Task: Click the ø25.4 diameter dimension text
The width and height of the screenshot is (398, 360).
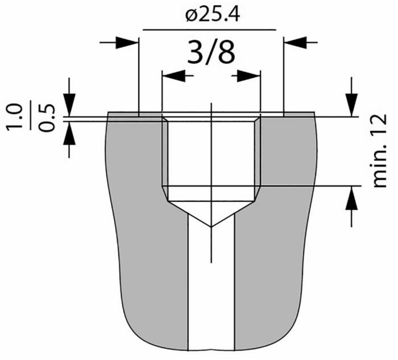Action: pos(212,15)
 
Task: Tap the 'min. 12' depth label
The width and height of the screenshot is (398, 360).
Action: pos(379,150)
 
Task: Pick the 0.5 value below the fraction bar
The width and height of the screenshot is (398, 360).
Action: pos(49,118)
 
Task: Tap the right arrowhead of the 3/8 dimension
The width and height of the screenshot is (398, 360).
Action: pos(248,75)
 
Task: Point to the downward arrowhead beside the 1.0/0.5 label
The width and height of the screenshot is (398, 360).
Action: pos(69,106)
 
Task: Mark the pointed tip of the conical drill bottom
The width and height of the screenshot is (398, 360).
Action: pos(211,226)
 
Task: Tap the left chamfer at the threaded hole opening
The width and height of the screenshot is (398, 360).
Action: pos(164,119)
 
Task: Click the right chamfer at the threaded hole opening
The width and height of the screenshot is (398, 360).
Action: pos(258,119)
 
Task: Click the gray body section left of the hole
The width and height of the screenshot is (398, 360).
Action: pos(142,227)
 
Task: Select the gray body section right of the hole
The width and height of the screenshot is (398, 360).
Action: pos(279,227)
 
